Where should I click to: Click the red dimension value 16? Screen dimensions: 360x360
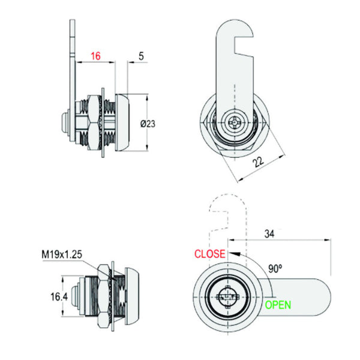tap(96, 56)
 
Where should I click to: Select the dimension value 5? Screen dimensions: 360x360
tap(141, 56)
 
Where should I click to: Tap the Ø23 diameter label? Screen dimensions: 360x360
tap(148, 124)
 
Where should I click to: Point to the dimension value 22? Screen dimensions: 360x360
tap(259, 162)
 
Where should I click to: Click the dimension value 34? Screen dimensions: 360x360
tap(269, 234)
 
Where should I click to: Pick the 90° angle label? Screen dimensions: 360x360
tap(275, 268)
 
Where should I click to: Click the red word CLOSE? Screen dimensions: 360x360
tap(210, 254)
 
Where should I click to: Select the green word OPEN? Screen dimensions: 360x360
tap(278, 305)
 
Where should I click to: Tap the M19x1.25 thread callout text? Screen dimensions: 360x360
tap(62, 254)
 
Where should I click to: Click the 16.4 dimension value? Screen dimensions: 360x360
tap(59, 296)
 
